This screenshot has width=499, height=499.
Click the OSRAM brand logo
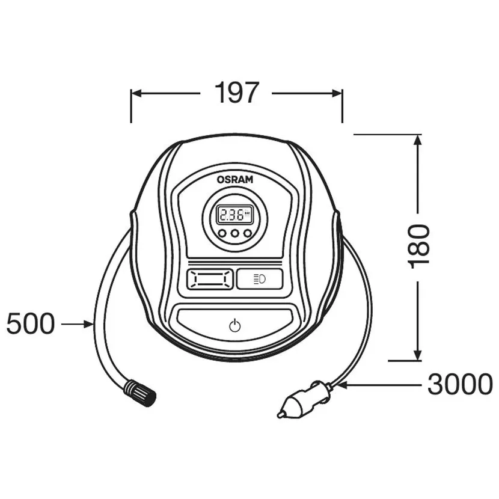pos(236,179)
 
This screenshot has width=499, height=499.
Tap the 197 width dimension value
pos(236,93)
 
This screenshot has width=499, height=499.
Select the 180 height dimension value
pos(420,246)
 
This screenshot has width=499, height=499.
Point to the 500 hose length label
pos(30,325)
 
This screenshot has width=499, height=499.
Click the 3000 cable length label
pos(460,384)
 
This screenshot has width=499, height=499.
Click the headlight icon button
pos(260,278)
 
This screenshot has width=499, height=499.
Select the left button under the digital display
pos(222,234)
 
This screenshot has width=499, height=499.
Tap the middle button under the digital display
pos(235,234)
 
